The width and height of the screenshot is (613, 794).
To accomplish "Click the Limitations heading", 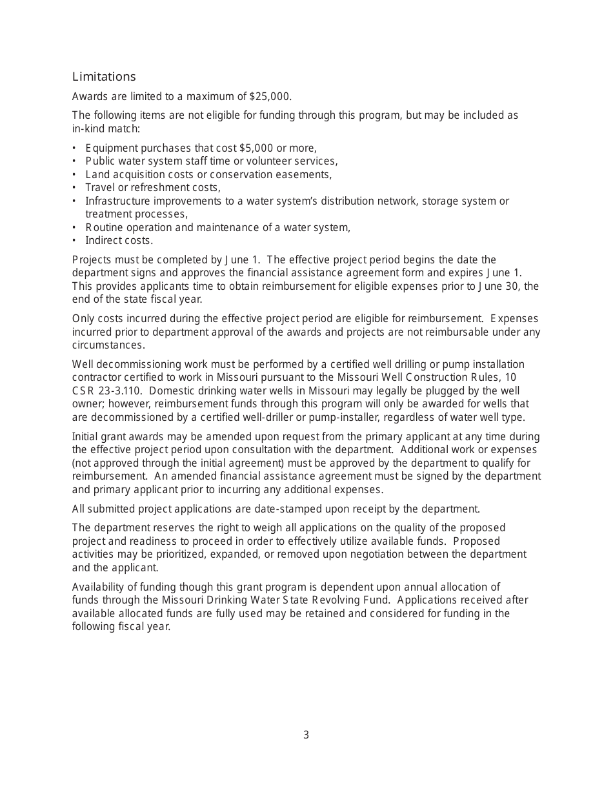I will click(x=104, y=77).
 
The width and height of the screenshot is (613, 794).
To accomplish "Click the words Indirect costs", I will click(x=119, y=241).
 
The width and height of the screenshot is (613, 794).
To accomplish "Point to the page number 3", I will click(x=306, y=735).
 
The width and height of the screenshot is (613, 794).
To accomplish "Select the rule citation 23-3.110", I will click(x=120, y=391).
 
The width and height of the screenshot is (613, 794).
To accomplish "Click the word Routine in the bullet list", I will click(x=103, y=227).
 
